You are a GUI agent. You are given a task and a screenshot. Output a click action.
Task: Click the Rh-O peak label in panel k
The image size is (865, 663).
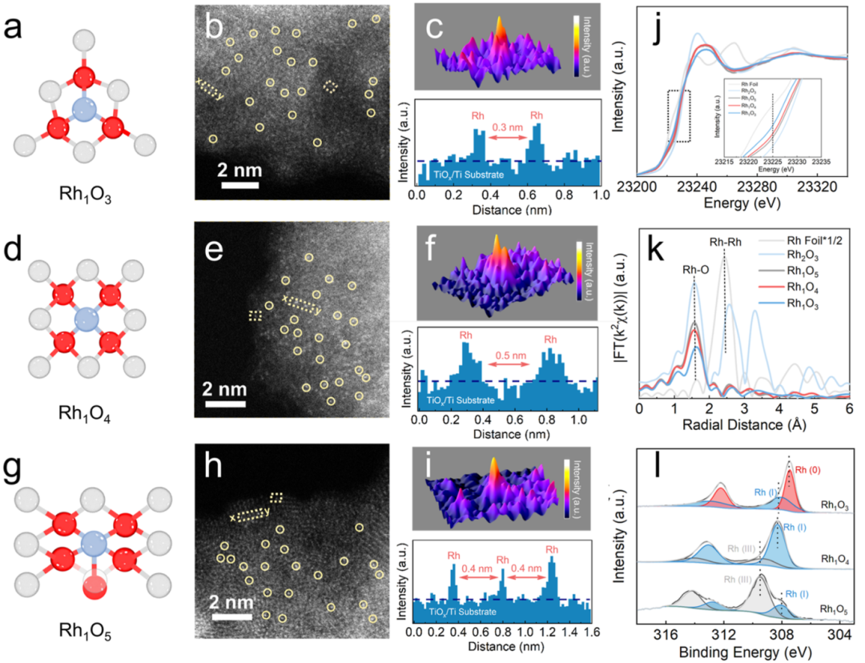[695, 270]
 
